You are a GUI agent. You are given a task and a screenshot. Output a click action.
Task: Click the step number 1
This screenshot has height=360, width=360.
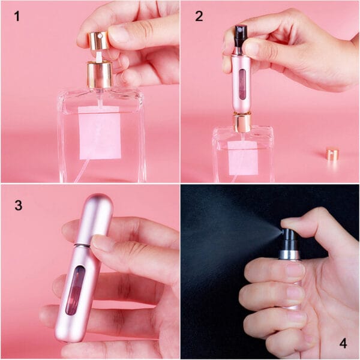[17, 16]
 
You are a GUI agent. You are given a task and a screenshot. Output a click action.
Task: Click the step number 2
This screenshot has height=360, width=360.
[199, 16]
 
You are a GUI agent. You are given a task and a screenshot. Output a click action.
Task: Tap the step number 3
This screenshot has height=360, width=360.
[18, 205]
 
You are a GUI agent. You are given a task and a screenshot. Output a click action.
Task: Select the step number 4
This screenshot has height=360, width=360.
[343, 343]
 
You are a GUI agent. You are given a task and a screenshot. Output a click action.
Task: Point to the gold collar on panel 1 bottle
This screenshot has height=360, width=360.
[100, 75]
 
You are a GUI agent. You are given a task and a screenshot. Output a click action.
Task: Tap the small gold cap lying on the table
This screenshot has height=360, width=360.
[332, 154]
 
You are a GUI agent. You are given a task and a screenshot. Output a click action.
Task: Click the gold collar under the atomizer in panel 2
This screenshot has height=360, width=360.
[242, 122]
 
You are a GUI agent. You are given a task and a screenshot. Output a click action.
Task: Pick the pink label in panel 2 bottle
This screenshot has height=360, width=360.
[243, 157]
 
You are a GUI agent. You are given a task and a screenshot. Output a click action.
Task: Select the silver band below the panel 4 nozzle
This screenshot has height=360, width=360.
[289, 254]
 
